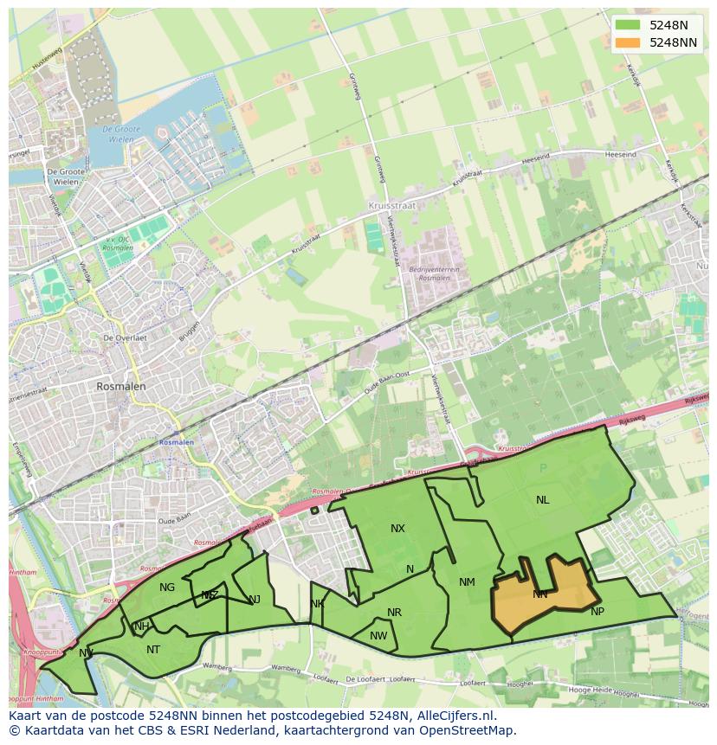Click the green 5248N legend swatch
pyautogui.click(x=628, y=25)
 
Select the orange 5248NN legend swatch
pyautogui.click(x=628, y=42)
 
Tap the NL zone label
pyautogui.click(x=542, y=500)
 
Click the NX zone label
pyautogui.click(x=397, y=529)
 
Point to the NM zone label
pyautogui.click(x=467, y=582)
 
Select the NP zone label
pyautogui.click(x=597, y=612)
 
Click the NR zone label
pyautogui.click(x=394, y=613)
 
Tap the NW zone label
pyautogui.click(x=378, y=636)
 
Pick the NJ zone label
pyautogui.click(x=255, y=600)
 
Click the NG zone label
pyautogui.click(x=167, y=588)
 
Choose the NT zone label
pyautogui.click(x=153, y=650)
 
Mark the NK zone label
pyautogui.click(x=317, y=604)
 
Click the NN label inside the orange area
pyautogui.click(x=540, y=594)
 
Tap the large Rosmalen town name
pyautogui.click(x=121, y=387)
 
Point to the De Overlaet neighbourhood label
pyautogui.click(x=124, y=337)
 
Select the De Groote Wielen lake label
pyautogui.click(x=120, y=134)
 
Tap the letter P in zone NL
pyautogui.click(x=543, y=469)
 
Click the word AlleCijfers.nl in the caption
pyautogui.click(x=453, y=716)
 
